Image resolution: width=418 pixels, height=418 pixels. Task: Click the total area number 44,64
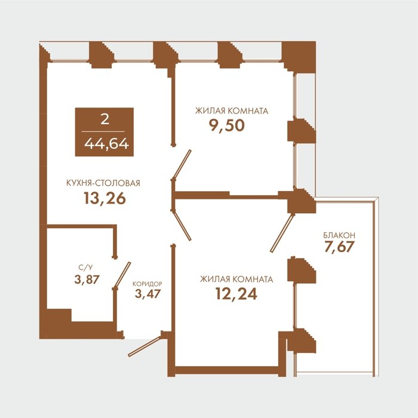107,145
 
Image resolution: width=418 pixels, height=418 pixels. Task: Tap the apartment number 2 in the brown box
105,119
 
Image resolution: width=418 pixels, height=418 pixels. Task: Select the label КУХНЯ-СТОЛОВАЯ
103,183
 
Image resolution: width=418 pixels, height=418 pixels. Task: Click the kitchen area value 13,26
105,198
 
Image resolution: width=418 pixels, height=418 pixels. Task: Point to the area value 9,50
226,125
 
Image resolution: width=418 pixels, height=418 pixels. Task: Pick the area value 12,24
236,294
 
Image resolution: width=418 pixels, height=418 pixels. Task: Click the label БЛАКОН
339,235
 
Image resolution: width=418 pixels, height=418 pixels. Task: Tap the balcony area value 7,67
339,247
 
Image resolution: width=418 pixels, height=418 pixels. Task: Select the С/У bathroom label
85,268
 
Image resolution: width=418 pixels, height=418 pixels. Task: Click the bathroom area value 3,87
87,279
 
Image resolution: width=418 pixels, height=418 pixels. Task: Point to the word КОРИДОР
147,284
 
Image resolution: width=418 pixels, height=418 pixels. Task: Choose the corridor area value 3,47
147,294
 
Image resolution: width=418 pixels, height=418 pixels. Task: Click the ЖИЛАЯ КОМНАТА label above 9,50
232,110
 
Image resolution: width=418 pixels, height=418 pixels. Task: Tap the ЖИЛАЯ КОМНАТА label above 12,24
236,279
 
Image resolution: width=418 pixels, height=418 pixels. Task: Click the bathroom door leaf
122,275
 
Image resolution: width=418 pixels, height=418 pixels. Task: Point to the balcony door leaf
282,233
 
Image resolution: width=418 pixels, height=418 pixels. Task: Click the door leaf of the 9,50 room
182,164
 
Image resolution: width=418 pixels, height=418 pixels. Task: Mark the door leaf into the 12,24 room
182,225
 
